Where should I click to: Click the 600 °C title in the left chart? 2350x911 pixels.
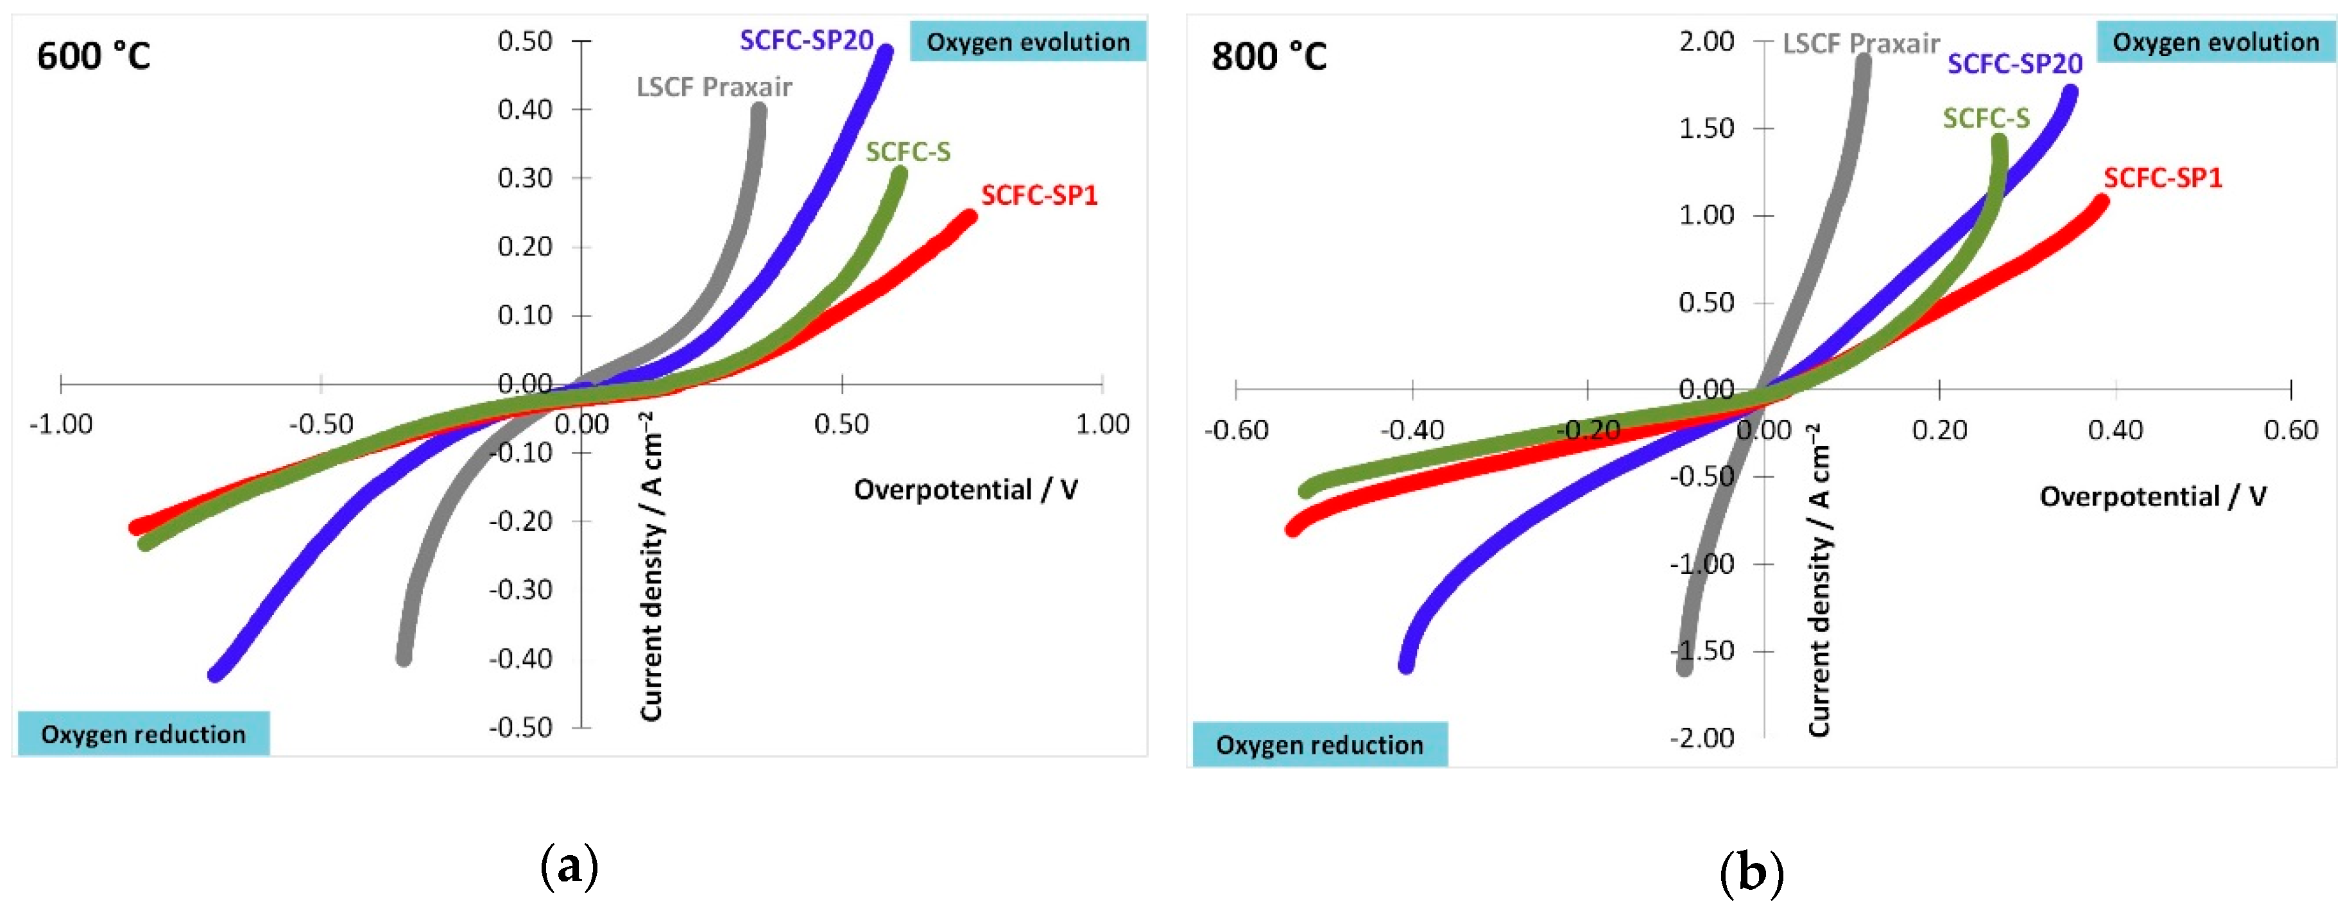93,56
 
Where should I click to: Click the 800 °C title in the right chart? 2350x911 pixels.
1268,56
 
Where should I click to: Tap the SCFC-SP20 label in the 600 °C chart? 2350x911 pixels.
807,40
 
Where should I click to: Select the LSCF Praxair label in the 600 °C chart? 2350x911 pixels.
714,87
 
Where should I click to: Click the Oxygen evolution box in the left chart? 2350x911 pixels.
1027,42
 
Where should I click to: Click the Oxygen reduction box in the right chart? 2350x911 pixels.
1319,745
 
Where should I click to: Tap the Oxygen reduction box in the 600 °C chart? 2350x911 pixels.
143,734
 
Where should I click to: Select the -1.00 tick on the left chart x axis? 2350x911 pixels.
61,424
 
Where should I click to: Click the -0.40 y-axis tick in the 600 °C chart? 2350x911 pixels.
521,658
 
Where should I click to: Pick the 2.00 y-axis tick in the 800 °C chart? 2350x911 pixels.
1706,41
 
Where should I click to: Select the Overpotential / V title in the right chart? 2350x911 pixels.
2152,496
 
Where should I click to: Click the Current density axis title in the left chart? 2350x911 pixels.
651,566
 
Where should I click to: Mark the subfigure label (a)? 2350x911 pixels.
569,865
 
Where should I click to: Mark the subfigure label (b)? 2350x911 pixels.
1751,872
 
